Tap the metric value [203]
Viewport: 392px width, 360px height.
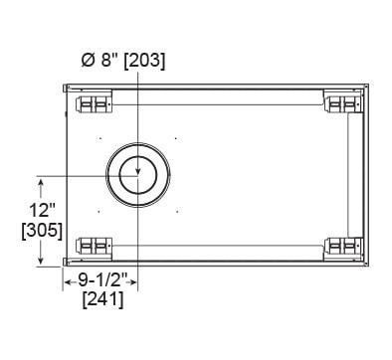(x=144, y=62)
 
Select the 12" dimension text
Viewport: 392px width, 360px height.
(x=42, y=211)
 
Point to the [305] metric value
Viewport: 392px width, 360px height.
(x=42, y=231)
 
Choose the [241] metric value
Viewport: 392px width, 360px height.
(x=102, y=300)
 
